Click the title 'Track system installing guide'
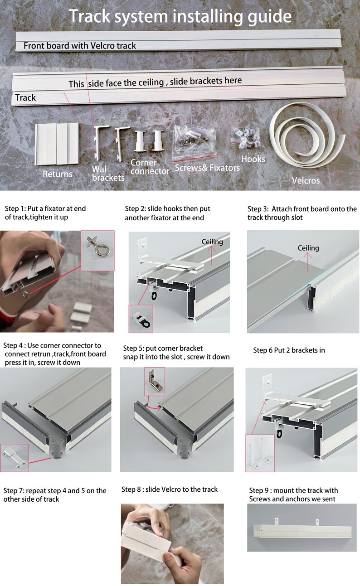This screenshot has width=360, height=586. coord(180,16)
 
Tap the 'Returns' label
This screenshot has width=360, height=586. coord(58,174)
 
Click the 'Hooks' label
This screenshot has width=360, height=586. coord(253,159)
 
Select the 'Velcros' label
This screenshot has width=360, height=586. coord(306,180)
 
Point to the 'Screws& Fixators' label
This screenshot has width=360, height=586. coord(207,168)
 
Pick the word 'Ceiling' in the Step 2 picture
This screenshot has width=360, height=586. coord(212,242)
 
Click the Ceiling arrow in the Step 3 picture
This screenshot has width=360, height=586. coord(308,262)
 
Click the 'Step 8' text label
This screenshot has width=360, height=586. coord(131,489)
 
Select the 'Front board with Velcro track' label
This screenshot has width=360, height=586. coord(80,46)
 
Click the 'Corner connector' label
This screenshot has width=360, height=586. coord(150,167)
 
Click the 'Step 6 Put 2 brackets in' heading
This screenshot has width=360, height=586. coord(289,350)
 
